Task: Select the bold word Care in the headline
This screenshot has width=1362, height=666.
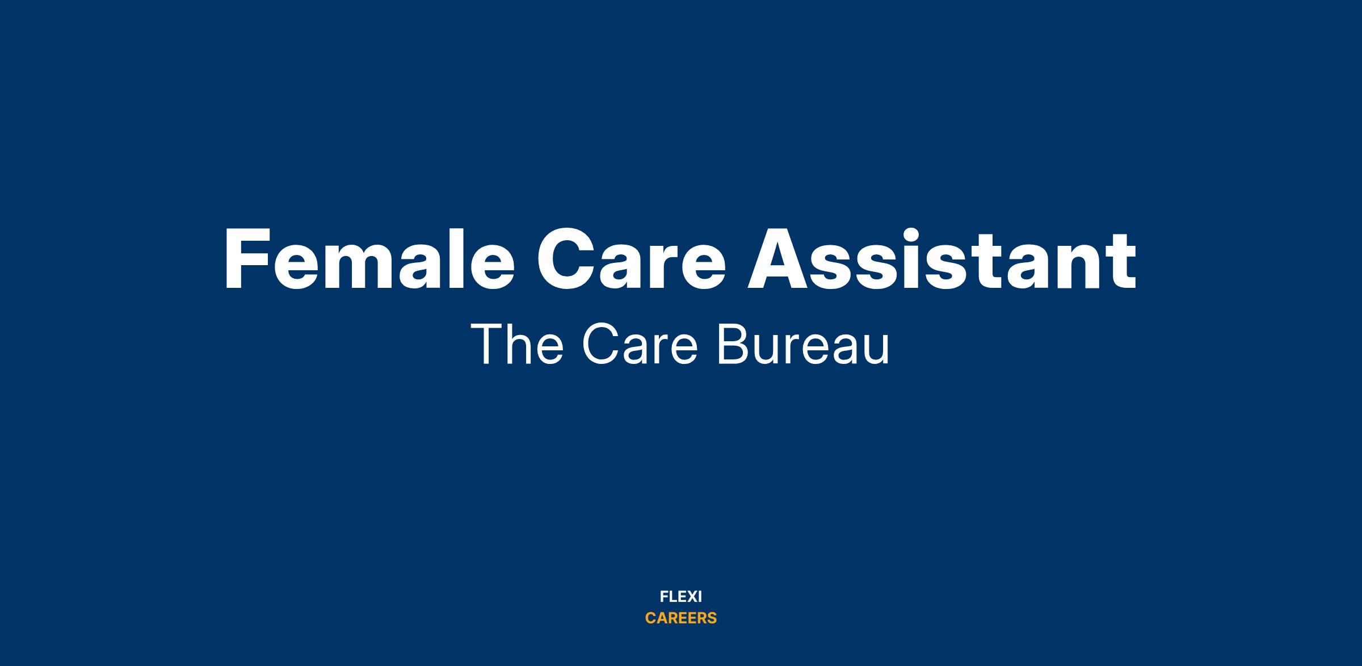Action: click(x=631, y=259)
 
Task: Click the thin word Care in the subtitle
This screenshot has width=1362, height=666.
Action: click(x=640, y=345)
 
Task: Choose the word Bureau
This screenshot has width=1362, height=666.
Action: click(x=803, y=345)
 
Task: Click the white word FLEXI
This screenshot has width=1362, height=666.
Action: click(x=681, y=597)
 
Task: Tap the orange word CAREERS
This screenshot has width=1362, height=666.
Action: click(x=681, y=618)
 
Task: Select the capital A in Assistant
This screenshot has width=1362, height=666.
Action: click(x=780, y=259)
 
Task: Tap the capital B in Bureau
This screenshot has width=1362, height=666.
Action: click(x=732, y=345)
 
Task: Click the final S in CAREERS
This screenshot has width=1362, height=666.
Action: click(x=712, y=618)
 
